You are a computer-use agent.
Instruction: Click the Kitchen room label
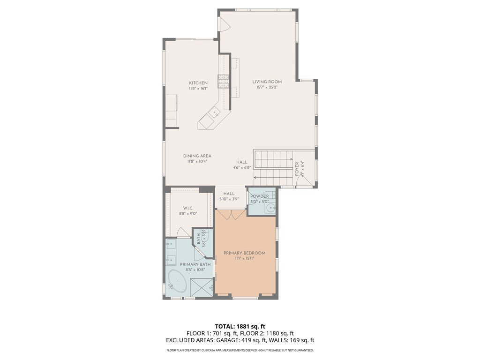click(198, 83)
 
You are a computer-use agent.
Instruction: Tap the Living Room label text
click(267, 82)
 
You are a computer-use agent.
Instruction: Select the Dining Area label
click(197, 156)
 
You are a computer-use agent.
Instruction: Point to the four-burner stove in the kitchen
click(223, 82)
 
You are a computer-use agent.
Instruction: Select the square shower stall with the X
click(202, 287)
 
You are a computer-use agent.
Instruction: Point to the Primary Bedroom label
click(244, 253)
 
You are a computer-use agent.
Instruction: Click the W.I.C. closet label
click(187, 208)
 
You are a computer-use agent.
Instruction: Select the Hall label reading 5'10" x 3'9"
click(229, 199)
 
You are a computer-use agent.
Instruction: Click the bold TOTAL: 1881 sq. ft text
click(240, 326)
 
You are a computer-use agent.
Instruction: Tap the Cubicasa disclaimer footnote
click(240, 350)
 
